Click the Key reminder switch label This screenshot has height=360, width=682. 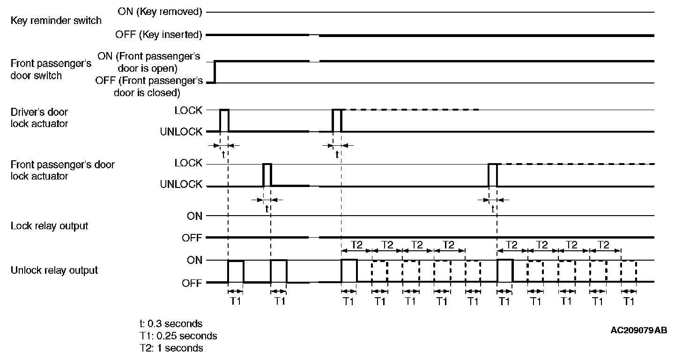56,21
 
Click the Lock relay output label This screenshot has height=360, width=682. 49,226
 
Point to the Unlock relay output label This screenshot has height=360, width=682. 54,270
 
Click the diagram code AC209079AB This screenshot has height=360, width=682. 638,330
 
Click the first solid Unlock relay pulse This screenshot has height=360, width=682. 236,271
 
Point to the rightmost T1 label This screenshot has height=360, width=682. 629,301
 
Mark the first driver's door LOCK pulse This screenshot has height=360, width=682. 224,120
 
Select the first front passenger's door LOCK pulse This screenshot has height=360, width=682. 267,175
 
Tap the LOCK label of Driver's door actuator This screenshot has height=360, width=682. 188,110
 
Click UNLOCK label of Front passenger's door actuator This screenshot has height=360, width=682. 181,185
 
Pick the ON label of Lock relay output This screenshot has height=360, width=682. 194,216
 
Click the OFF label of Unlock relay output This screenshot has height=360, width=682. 192,283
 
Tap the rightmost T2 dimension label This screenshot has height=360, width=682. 604,244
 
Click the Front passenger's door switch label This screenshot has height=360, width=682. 51,69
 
